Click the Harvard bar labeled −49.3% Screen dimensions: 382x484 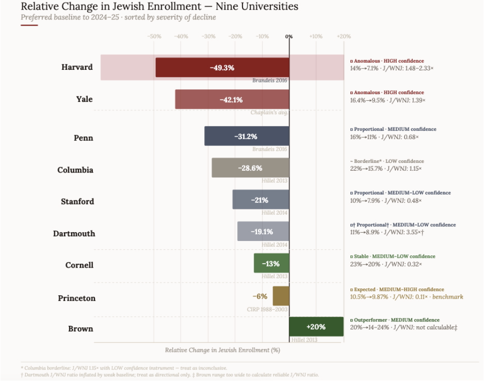coord(222,67)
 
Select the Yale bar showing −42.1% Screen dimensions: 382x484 coord(232,99)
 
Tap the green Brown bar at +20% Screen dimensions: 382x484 coord(316,327)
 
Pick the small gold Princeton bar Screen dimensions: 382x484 coord(281,296)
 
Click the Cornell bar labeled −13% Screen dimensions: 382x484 coord(272,263)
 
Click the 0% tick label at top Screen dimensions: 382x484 coord(289,36)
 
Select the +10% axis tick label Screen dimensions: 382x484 coord(316,36)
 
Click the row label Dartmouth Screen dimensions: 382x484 coord(74,233)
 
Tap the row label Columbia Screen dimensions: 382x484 coord(75,170)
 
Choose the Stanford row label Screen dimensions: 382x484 coord(77,201)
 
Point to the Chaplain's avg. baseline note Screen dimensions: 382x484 coord(269,112)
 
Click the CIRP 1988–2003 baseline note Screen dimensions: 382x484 coord(268,309)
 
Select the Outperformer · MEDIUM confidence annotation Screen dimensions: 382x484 coord(396,320)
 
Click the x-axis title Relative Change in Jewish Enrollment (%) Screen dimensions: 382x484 coord(222,350)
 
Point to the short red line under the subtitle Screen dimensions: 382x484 coord(29,25)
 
